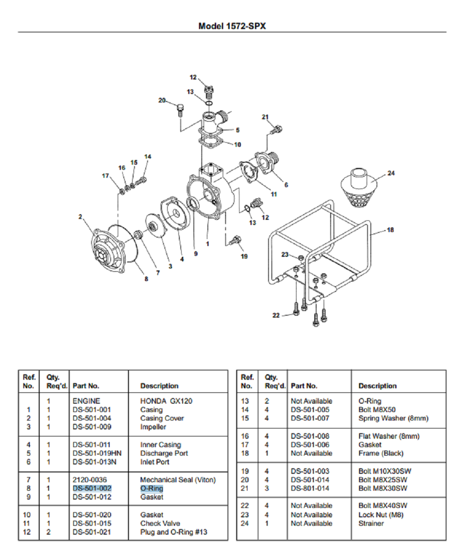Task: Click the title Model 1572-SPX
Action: [232, 26]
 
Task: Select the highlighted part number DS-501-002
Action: [92, 488]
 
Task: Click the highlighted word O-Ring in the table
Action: [152, 488]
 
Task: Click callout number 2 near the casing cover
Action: [80, 217]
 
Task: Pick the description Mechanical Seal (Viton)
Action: [178, 479]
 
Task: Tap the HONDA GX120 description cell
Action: [166, 401]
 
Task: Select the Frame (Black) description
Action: [380, 453]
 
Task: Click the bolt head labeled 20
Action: [181, 110]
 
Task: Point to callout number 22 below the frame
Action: [276, 315]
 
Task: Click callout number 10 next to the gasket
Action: [237, 145]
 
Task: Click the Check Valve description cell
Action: [160, 523]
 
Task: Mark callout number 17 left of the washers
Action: [106, 176]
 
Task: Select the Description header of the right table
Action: [377, 386]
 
